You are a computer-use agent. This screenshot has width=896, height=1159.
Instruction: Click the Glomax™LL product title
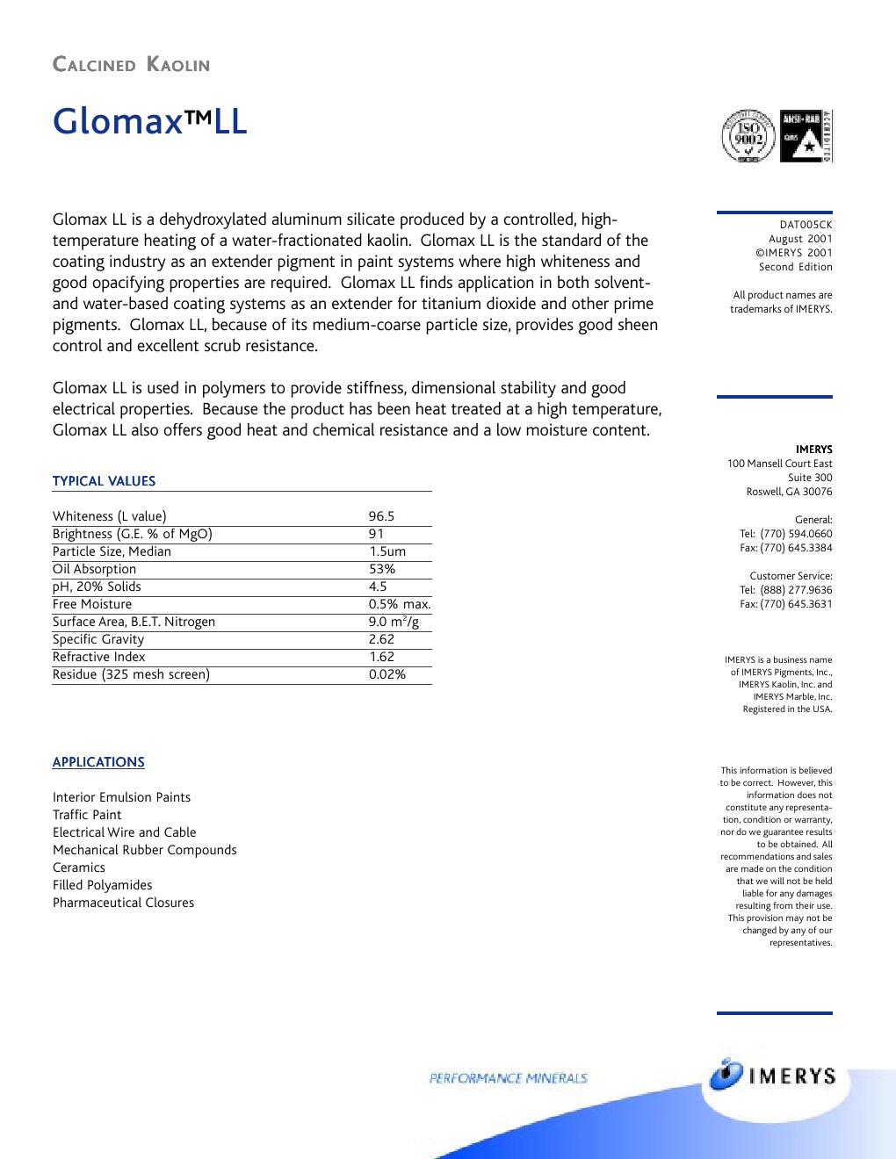click(x=149, y=121)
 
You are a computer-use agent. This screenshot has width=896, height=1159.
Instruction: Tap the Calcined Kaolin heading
click(x=131, y=65)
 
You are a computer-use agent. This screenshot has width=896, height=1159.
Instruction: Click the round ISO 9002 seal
click(x=748, y=136)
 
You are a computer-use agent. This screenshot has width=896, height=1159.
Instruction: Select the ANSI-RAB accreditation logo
click(x=806, y=136)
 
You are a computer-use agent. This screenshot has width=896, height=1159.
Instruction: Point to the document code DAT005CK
click(x=806, y=225)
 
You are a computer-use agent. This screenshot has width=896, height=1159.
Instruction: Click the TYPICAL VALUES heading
click(x=104, y=481)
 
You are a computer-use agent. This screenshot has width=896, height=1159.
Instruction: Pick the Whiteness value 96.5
click(x=381, y=516)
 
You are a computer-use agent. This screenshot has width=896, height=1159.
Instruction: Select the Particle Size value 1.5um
click(x=387, y=551)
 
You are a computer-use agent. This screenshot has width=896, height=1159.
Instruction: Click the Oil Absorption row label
click(x=94, y=569)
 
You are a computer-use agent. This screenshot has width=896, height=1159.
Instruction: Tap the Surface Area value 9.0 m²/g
click(x=394, y=622)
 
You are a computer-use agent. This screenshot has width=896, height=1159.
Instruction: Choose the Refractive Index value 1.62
click(x=381, y=657)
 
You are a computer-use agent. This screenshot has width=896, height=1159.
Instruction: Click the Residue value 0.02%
click(x=387, y=674)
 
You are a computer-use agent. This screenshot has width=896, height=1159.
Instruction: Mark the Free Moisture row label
click(x=92, y=604)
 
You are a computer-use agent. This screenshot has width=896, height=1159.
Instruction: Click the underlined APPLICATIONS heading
click(x=98, y=762)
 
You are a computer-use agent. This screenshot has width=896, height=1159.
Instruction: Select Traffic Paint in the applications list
click(x=87, y=815)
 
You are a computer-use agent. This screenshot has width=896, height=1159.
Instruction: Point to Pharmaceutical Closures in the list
click(x=123, y=903)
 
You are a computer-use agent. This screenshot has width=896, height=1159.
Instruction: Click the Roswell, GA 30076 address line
click(x=789, y=492)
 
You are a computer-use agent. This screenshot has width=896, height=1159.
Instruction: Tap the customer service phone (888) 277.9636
click(x=796, y=590)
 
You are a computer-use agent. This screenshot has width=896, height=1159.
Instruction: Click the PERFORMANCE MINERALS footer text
click(x=508, y=1078)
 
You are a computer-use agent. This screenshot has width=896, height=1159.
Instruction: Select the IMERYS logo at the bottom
click(x=773, y=1076)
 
